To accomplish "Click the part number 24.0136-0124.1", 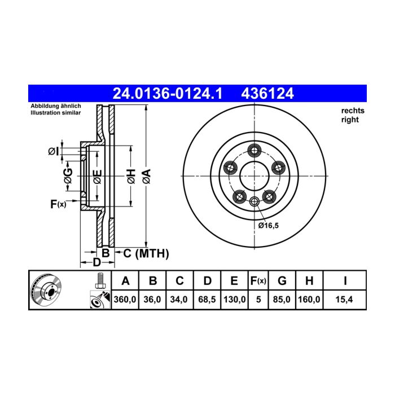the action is pyautogui.click(x=168, y=94).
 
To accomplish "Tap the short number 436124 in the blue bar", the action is pyautogui.click(x=267, y=94).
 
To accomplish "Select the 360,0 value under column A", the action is pyautogui.click(x=125, y=300).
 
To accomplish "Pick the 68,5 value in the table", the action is pyautogui.click(x=207, y=300).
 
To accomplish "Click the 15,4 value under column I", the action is pyautogui.click(x=344, y=300).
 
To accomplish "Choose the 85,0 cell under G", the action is pyautogui.click(x=282, y=300).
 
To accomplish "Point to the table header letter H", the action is pyautogui.click(x=309, y=280).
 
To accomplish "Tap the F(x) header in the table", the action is pyautogui.click(x=258, y=280).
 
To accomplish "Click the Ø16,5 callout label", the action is pyautogui.click(x=269, y=226).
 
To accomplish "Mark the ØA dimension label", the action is pyautogui.click(x=147, y=176).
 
